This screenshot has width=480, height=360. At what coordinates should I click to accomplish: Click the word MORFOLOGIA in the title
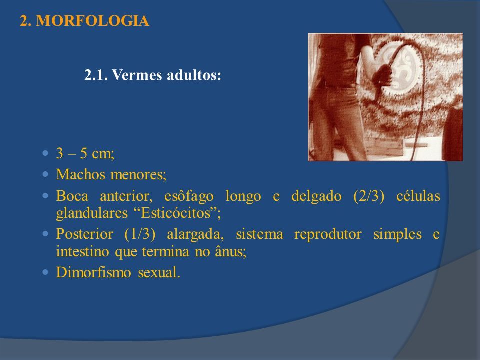point(93,21)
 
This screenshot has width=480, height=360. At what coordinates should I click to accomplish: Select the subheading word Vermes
point(136,75)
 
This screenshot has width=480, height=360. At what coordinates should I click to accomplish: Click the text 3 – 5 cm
point(85,153)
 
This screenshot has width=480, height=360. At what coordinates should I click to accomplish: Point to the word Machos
point(81,174)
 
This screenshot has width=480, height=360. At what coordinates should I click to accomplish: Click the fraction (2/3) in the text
point(369,196)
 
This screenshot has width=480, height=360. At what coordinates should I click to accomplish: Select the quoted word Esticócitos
point(176,213)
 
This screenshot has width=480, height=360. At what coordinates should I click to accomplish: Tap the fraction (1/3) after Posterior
point(140,234)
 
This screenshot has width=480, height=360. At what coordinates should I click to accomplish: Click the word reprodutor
point(328,234)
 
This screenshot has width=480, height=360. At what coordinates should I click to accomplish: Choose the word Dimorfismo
point(94,272)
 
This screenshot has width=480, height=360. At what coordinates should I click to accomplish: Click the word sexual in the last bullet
point(159,272)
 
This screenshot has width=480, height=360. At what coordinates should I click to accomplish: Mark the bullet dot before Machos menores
point(46,175)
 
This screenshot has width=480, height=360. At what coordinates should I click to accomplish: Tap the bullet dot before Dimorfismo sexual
point(46,272)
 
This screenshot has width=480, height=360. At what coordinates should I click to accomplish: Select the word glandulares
point(92,213)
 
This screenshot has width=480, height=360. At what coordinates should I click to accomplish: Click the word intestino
point(82,251)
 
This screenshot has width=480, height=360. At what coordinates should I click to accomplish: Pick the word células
point(418,196)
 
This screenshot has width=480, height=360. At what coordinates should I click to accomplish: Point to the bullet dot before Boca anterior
point(46,196)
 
